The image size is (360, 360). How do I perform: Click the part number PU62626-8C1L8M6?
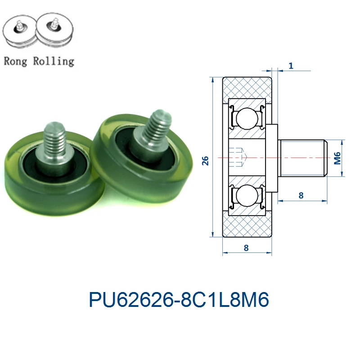point(179,300)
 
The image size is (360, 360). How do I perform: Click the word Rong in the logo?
point(15,62)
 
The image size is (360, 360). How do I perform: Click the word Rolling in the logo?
point(54,61)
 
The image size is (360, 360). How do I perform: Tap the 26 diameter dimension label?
point(205,161)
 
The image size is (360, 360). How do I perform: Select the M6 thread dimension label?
point(337,158)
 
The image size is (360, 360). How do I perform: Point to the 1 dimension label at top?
point(291,66)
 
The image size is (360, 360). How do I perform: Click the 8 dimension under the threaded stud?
point(301,195)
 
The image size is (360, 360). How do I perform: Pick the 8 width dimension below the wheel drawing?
point(246,248)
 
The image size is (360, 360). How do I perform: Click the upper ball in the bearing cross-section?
point(247,119)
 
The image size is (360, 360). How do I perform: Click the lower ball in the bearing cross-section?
point(247,196)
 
